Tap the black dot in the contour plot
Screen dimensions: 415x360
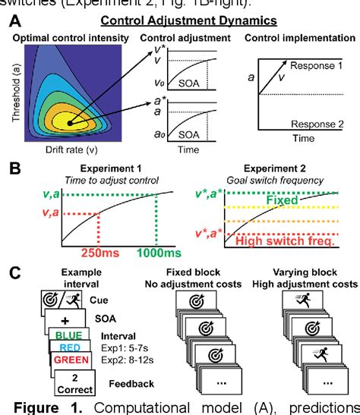pos(70,121)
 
